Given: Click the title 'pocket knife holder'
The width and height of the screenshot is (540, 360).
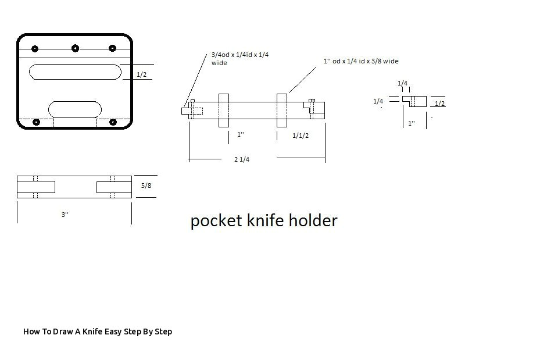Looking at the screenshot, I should click(x=264, y=221).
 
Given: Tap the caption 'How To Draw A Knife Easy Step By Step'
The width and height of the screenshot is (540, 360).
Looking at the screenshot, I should click(x=98, y=332).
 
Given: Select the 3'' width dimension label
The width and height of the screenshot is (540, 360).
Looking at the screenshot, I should click(x=65, y=215).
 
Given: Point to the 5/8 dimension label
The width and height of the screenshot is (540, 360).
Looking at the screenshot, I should click(x=146, y=186).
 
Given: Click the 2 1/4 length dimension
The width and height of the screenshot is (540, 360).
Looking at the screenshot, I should click(x=242, y=159).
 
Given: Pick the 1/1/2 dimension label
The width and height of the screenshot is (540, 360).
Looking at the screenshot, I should click(x=301, y=136).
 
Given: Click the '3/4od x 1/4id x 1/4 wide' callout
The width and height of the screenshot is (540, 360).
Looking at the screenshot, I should click(x=239, y=59).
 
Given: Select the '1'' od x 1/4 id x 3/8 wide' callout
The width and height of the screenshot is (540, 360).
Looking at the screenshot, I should click(x=361, y=61).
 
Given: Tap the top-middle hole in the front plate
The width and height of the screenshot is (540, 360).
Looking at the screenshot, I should click(x=75, y=48).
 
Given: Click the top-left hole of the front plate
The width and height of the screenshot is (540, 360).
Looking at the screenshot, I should click(x=35, y=49).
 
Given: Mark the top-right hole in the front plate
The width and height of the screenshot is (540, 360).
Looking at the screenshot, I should click(x=113, y=49).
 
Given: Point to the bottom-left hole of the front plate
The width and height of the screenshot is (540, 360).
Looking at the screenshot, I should click(x=37, y=122).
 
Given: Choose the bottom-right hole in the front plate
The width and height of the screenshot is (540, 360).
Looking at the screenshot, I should click(x=113, y=122).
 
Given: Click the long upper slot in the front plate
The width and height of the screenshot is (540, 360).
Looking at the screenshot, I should click(x=75, y=72).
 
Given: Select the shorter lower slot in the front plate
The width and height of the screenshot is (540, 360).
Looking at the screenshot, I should click(x=75, y=109).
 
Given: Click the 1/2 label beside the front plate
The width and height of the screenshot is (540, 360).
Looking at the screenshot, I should click(x=141, y=74).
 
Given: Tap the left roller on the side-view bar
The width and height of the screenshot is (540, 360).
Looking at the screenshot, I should click(x=224, y=110).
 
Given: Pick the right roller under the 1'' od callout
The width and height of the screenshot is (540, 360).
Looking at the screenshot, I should click(x=282, y=110).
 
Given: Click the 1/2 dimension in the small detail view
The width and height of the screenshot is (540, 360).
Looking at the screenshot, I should click(x=440, y=104).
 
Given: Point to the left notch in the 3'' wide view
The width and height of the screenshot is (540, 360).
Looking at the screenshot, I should click(x=36, y=187).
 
